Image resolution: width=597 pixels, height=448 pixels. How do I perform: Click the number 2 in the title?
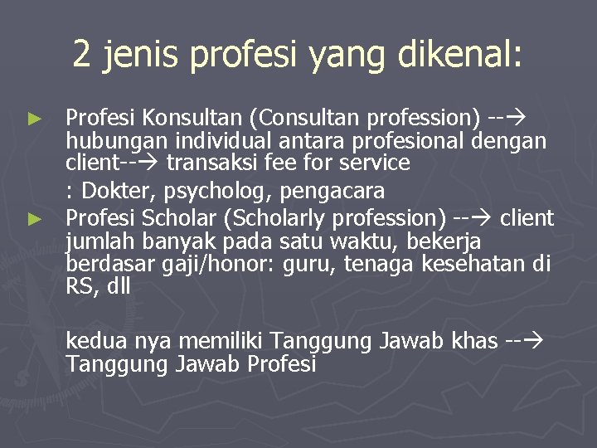82,55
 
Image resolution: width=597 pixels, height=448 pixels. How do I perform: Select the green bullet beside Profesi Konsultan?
34,119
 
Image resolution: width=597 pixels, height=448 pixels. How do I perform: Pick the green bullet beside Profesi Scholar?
34,219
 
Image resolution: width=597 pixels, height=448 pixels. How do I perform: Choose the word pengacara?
332,191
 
